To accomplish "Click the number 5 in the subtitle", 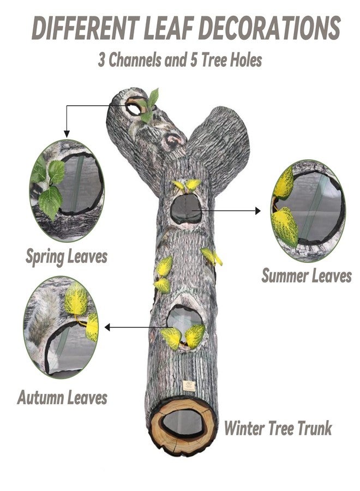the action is pyautogui.click(x=194, y=59).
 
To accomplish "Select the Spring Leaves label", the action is pyautogui.click(x=67, y=257).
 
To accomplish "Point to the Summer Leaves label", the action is pyautogui.click(x=307, y=276).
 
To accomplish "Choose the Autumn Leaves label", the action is pyautogui.click(x=62, y=397).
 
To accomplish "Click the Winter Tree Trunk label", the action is pyautogui.click(x=278, y=428).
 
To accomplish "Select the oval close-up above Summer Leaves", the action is pyautogui.click(x=308, y=210).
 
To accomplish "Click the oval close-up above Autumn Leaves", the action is pyautogui.click(x=61, y=327).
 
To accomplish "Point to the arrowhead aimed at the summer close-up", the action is pyautogui.click(x=257, y=211).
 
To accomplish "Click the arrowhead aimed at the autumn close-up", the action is pyautogui.click(x=107, y=327).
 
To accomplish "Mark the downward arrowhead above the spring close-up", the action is pyautogui.click(x=67, y=134).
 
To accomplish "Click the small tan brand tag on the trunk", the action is pyautogui.click(x=188, y=386).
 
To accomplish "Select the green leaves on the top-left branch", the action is pyautogui.click(x=149, y=105).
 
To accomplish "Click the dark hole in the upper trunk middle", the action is pyautogui.click(x=185, y=208).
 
